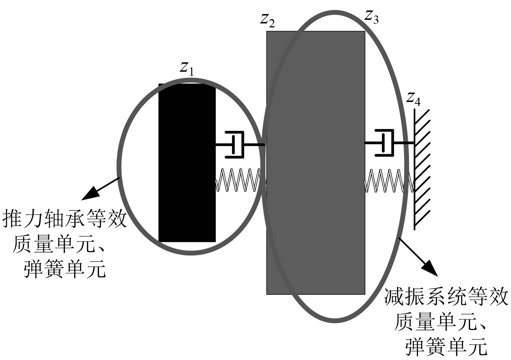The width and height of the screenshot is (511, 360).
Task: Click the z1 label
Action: click(187, 68)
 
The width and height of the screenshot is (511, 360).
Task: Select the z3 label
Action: click(371, 16)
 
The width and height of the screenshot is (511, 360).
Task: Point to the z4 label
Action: click(413, 98)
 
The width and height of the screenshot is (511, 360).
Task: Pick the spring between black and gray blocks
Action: click(238, 180)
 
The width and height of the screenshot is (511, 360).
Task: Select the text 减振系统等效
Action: click(446, 298)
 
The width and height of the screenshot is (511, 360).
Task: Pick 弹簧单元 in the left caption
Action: click(65, 269)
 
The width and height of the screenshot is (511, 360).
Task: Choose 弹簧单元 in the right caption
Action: click(446, 346)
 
